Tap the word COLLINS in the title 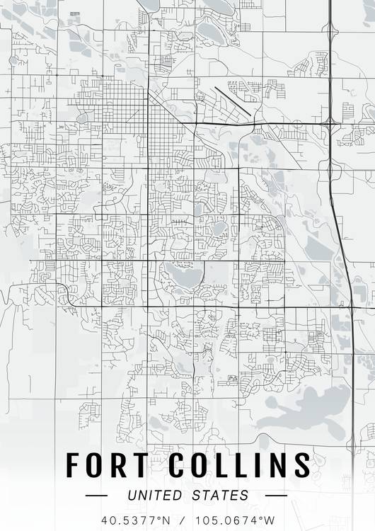239,465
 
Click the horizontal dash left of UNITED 96,496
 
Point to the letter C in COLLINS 177,465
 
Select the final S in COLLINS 302,465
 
